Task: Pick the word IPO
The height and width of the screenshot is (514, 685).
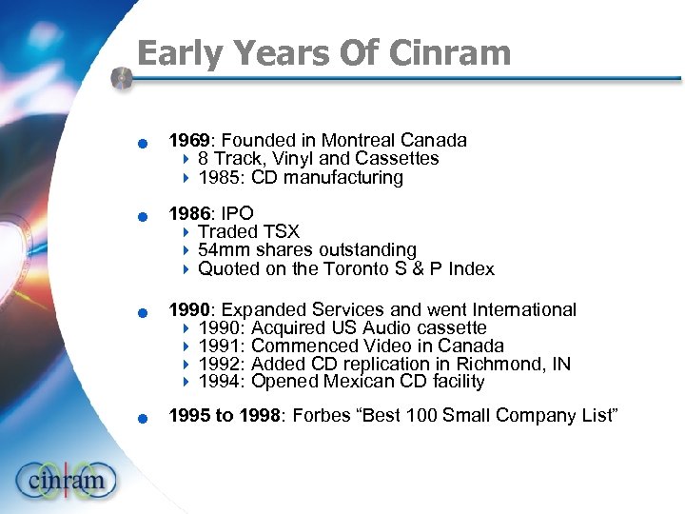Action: tap(238, 213)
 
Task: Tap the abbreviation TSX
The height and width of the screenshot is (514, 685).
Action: tap(280, 231)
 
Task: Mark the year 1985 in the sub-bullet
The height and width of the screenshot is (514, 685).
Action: tap(219, 177)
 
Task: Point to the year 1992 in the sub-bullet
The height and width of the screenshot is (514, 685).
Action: tap(219, 364)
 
